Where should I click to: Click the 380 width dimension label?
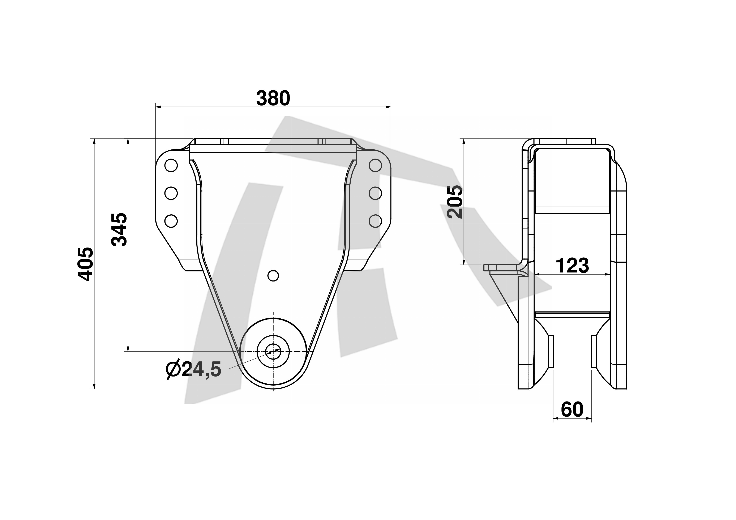coord(273,98)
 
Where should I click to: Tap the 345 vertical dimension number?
coord(119,229)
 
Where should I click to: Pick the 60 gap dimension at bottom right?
coord(572,409)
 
